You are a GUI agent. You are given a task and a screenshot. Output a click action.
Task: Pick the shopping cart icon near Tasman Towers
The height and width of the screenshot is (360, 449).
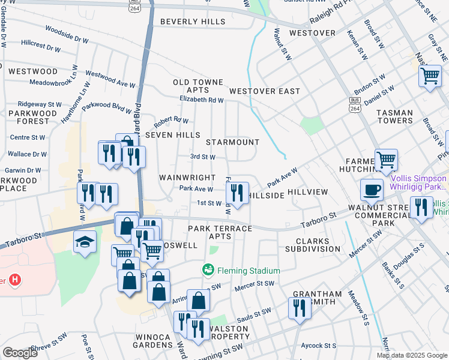(x=430, y=76)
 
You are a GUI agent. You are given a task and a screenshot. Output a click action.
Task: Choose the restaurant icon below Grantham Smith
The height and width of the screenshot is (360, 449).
(x=298, y=308)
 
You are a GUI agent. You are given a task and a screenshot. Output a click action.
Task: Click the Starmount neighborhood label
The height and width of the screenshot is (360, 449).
(x=232, y=143)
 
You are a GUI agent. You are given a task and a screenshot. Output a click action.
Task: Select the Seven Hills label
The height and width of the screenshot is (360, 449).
(x=172, y=135)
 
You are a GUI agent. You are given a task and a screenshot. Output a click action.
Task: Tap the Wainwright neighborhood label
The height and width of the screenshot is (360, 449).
(x=187, y=178)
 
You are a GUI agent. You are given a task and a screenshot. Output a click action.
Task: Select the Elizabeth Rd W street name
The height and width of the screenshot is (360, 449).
(x=201, y=100)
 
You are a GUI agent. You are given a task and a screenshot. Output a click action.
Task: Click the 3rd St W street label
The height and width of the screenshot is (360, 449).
(x=202, y=157)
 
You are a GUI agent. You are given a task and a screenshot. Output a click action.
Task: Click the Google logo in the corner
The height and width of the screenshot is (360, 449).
(x=20, y=352)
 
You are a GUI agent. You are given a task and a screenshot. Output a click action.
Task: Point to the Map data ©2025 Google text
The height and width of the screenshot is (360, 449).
(x=411, y=355)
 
